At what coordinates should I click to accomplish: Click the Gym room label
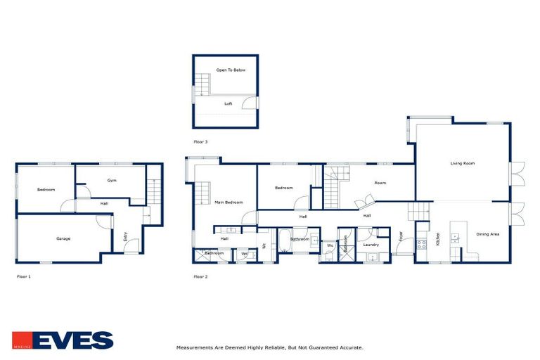tap(112, 181)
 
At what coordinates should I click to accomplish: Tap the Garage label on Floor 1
tap(63, 239)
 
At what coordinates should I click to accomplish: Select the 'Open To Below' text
tap(231, 70)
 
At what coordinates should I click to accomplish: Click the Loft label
tap(228, 103)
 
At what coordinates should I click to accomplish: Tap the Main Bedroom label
tap(229, 202)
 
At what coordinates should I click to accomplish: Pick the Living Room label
tap(463, 163)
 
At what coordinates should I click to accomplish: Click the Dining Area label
tap(487, 234)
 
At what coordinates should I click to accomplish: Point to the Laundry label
tap(371, 245)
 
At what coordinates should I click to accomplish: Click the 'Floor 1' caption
tap(24, 277)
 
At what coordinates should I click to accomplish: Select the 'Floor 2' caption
tap(201, 277)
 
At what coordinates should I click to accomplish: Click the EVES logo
tap(63, 340)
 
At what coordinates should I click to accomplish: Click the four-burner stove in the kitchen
tap(422, 245)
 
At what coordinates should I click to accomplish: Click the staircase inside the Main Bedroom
tap(202, 191)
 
